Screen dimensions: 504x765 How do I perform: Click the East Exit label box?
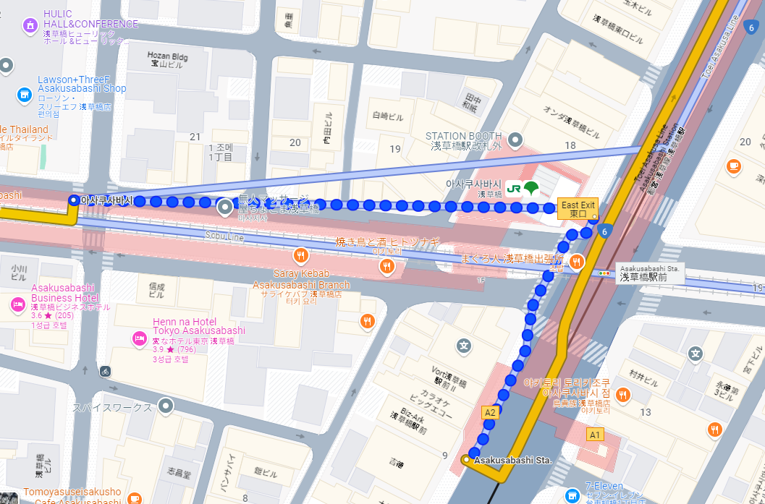[578, 210]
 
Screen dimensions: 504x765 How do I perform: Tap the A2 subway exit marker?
[490, 412]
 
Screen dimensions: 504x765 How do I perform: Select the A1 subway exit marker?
[595, 435]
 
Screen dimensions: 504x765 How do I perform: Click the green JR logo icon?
[515, 189]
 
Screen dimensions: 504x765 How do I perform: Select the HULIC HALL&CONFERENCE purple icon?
[30, 26]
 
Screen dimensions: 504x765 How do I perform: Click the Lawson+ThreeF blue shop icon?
[24, 95]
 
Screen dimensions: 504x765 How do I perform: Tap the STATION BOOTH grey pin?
[515, 138]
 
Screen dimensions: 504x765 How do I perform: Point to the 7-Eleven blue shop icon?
[573, 495]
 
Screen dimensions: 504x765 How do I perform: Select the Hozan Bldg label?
[167, 59]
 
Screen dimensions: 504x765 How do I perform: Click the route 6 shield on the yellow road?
[605, 231]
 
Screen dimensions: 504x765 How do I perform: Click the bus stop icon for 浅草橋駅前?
[604, 273]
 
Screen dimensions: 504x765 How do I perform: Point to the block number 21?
[195, 137]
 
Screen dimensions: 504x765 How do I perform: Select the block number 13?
[646, 412]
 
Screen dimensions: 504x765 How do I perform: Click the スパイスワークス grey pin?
[166, 406]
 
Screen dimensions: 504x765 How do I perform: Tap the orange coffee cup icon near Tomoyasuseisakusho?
[135, 499]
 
